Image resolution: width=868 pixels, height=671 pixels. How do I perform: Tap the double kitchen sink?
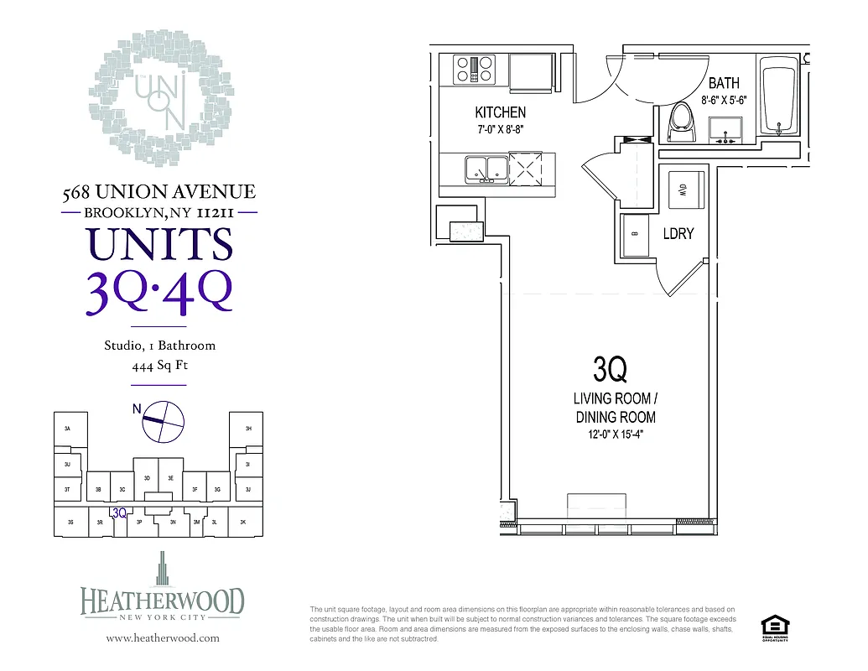pos(486,169)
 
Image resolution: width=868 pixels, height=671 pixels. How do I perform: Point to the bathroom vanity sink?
pos(725,130)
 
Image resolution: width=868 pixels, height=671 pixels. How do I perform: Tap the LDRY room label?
pos(678,234)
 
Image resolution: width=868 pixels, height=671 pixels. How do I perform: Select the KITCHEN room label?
pos(500,112)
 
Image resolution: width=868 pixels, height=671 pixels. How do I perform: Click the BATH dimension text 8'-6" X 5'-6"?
pos(724,100)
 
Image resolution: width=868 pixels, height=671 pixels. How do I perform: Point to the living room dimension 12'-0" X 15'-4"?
pos(615,435)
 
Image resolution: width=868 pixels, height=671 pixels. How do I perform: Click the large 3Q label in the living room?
pos(610,369)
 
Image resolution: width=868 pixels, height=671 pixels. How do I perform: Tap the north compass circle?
pos(164,422)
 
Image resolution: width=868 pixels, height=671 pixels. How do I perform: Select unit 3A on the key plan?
pos(67,429)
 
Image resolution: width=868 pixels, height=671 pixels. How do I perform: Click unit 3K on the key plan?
pos(242,522)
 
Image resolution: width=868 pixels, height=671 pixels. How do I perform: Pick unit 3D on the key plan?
pos(147,477)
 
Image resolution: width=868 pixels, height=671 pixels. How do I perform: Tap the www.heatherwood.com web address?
pos(163,638)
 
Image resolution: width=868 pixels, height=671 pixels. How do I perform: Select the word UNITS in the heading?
pos(159,245)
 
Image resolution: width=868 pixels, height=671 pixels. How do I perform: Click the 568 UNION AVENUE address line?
pos(159,193)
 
